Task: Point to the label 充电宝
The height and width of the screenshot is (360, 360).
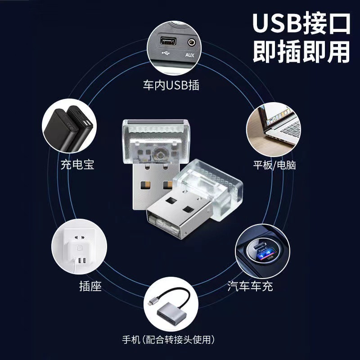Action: [77, 165]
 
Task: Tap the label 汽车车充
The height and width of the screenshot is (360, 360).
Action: [250, 285]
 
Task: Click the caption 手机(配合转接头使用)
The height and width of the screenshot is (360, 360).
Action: [180, 339]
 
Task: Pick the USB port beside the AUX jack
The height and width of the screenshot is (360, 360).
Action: [168, 42]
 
